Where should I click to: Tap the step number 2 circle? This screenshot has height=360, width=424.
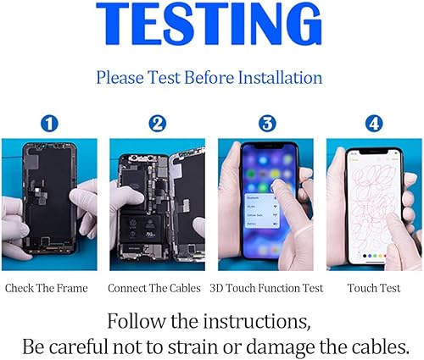[156, 124]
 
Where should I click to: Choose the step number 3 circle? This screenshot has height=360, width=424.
[266, 124]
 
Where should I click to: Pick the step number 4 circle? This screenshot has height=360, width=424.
[373, 124]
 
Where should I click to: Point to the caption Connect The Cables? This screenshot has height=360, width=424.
[154, 288]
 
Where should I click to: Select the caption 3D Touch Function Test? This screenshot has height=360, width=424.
[265, 288]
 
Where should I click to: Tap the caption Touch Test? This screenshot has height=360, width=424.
[373, 288]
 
